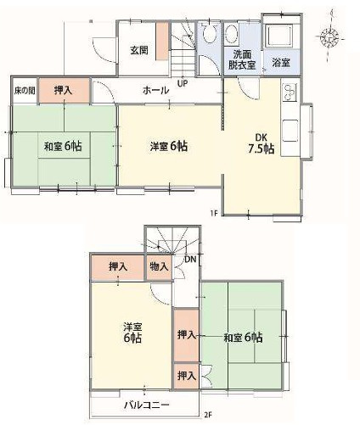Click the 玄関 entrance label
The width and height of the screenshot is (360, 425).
tap(140, 51)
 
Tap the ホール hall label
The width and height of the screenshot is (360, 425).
tap(155, 90)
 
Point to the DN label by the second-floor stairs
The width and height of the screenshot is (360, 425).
tap(192, 259)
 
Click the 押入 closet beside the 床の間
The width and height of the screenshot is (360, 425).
tap(63, 89)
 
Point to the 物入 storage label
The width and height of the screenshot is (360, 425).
tap(160, 266)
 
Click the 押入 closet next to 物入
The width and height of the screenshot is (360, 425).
tap(118, 266)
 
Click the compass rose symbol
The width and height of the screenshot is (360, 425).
tap(329, 37)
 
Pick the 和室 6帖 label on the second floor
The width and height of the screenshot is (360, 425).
tap(243, 338)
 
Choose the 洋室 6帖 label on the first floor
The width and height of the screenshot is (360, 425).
tap(168, 146)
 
